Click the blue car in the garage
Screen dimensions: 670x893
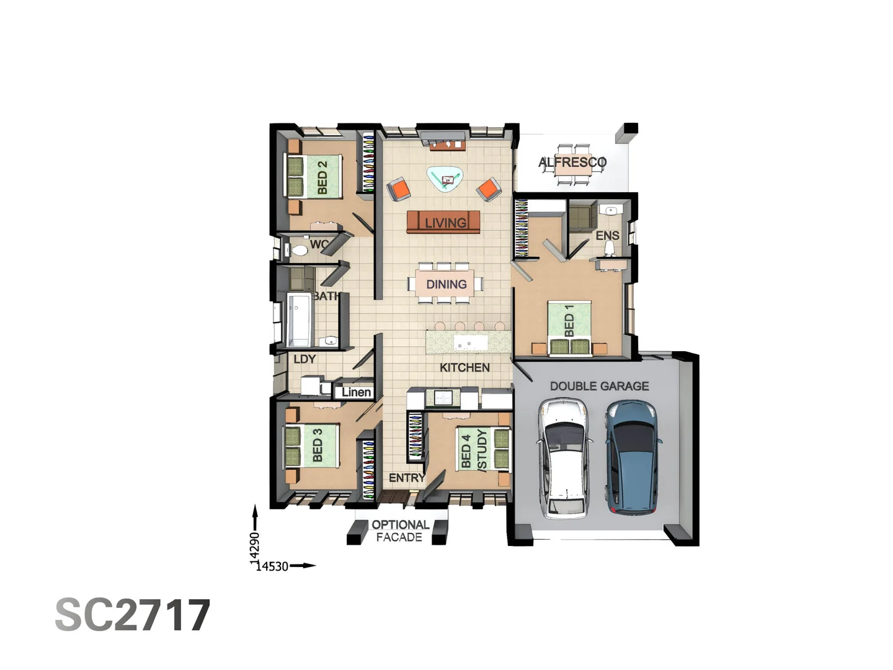click(631, 458)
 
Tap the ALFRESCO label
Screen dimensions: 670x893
click(572, 163)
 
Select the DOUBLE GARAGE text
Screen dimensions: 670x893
click(599, 386)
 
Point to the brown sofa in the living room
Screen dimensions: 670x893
click(443, 222)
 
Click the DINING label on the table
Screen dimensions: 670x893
click(446, 284)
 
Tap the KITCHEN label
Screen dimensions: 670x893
click(464, 367)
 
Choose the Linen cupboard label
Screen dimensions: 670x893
click(356, 392)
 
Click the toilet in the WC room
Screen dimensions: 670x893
click(299, 250)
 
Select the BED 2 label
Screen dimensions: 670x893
click(322, 177)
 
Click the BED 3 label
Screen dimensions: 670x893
click(318, 445)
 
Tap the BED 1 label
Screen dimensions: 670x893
click(569, 321)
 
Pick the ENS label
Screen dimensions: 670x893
click(607, 236)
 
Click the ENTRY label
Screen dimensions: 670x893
click(407, 478)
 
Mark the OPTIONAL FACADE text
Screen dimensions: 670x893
click(400, 531)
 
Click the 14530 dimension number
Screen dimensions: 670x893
click(272, 566)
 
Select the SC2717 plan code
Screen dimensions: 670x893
click(133, 615)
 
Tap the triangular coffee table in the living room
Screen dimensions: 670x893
click(446, 179)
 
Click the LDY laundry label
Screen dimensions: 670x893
click(304, 359)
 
